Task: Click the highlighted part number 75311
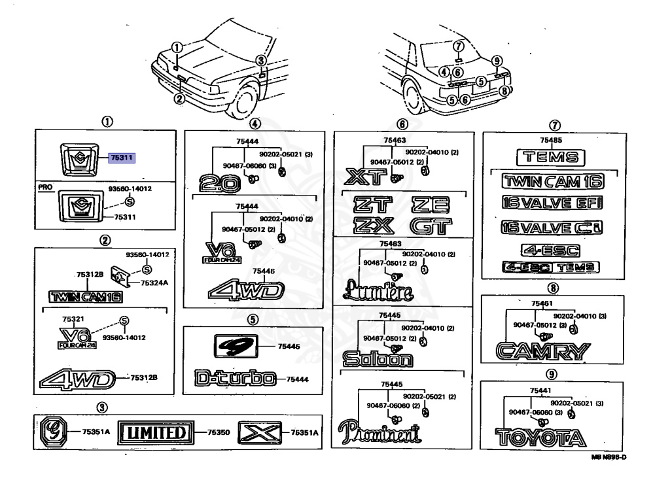click(122, 158)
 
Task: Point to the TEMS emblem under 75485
click(550, 157)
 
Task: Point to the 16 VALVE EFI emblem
click(550, 203)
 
